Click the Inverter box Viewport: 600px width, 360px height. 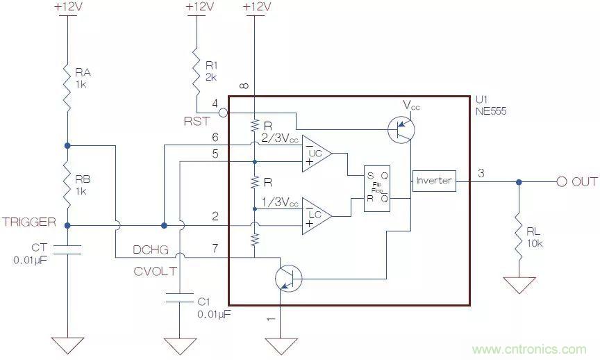433,181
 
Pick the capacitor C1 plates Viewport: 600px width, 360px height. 180,299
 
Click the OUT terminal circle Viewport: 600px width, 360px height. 561,181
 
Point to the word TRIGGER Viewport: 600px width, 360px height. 28,222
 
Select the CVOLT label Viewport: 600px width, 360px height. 154,270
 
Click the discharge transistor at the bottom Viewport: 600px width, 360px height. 287,277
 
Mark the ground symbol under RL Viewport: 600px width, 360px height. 519,285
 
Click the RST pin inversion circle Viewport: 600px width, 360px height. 222,112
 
